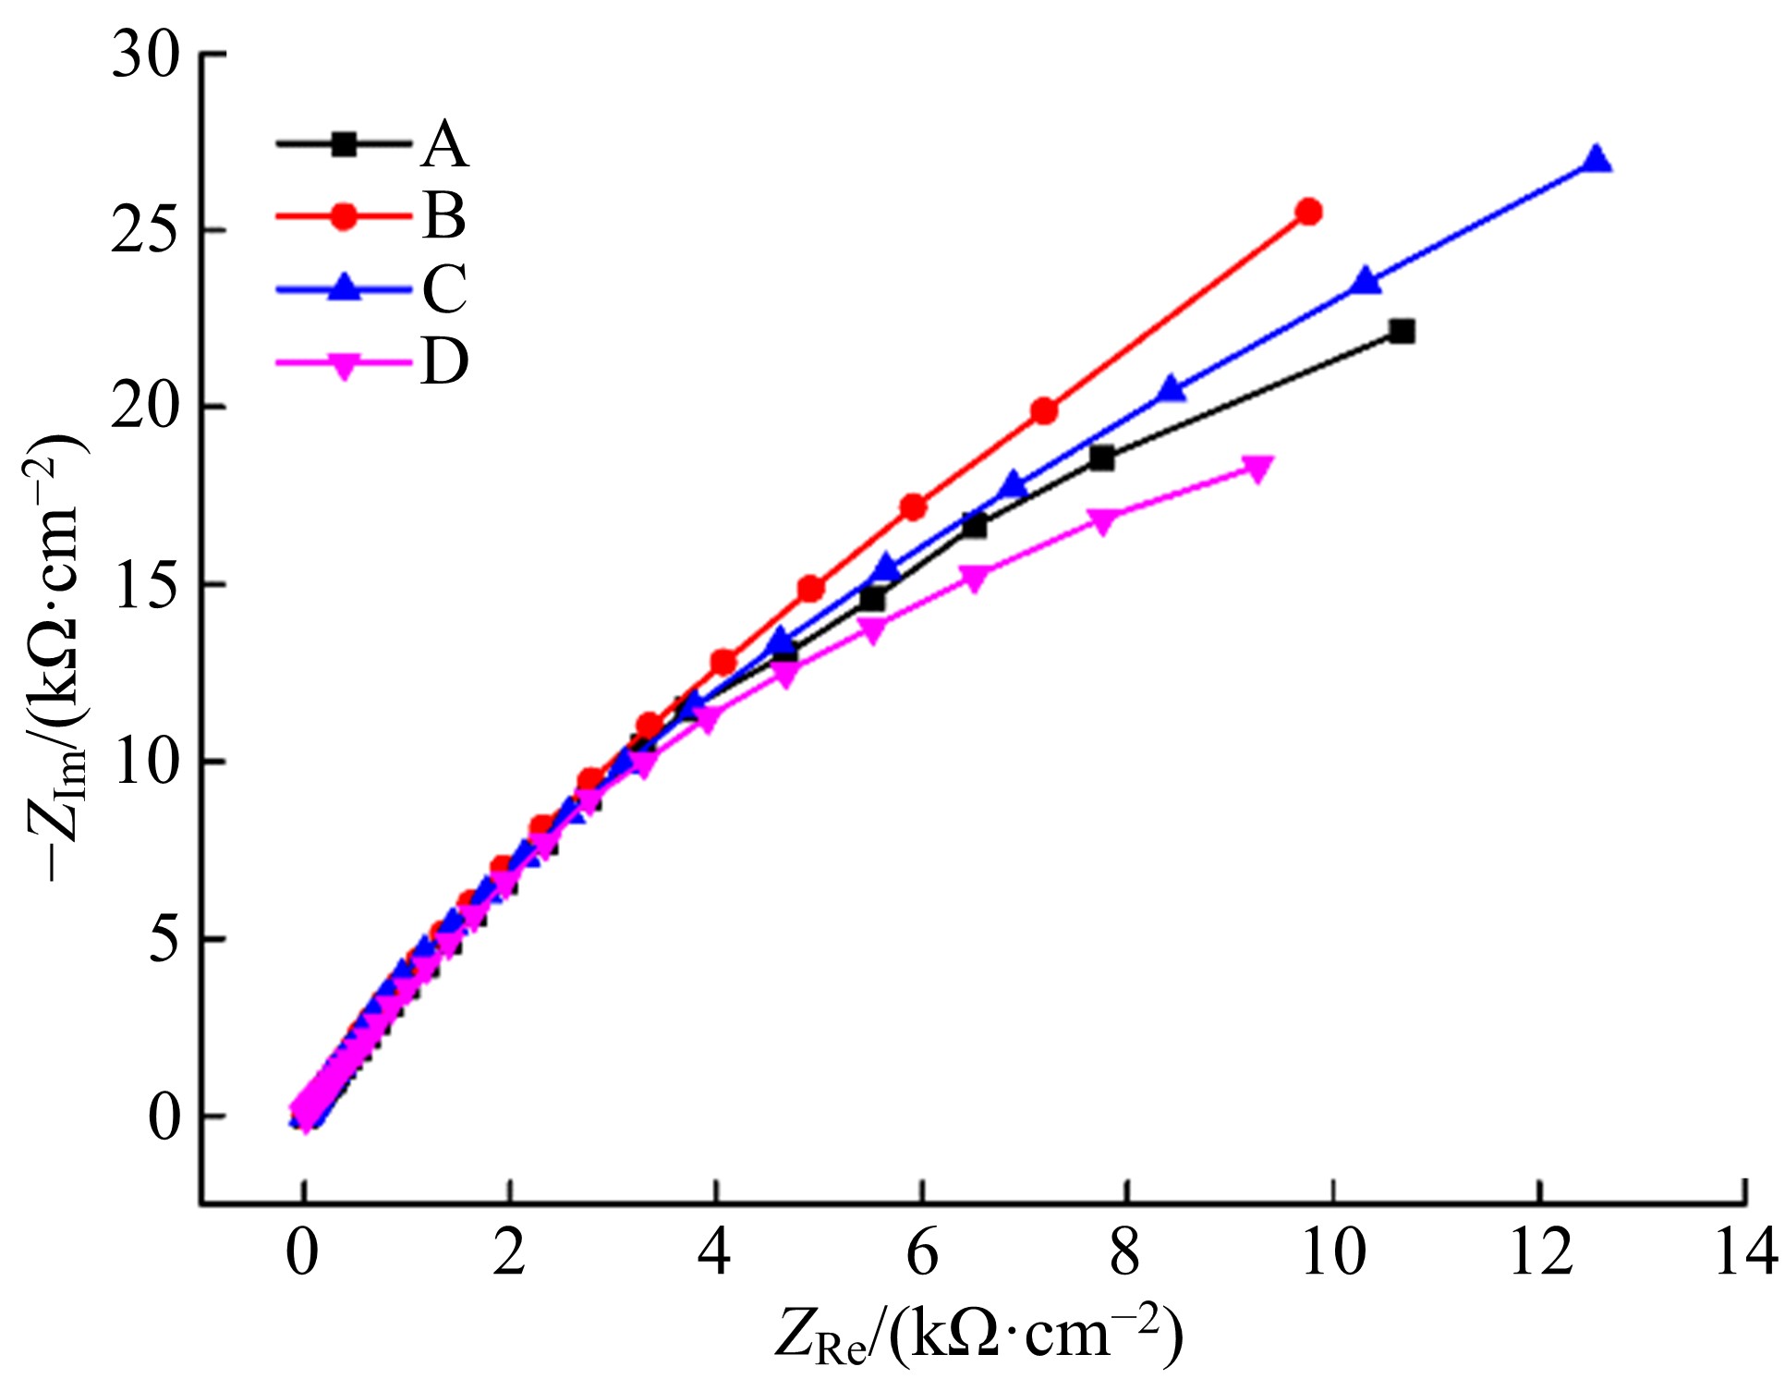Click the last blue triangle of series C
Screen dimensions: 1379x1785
(1596, 160)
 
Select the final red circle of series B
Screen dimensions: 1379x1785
(1308, 212)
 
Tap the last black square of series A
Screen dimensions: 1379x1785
(1402, 331)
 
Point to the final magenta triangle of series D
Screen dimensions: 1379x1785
(1257, 467)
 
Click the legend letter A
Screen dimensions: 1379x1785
(444, 146)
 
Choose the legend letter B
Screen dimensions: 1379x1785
(444, 217)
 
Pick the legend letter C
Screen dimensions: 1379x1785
(444, 288)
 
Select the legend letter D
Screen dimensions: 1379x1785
(444, 360)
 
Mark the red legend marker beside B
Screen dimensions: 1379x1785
(344, 216)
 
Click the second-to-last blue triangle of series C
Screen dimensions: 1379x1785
(1366, 282)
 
